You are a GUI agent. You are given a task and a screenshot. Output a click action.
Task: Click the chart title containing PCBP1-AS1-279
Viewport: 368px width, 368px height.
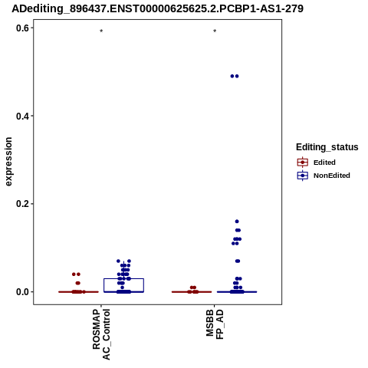157,8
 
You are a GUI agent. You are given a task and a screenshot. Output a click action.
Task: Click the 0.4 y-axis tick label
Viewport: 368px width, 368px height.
22,116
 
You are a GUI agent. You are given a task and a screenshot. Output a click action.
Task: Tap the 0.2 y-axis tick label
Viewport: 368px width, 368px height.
22,204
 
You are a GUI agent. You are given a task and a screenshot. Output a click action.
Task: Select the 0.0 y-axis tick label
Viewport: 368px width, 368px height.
22,292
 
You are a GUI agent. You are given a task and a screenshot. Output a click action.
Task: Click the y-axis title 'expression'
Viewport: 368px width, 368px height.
8,162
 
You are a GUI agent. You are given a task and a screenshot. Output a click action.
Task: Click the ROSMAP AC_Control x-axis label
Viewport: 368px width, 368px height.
101,334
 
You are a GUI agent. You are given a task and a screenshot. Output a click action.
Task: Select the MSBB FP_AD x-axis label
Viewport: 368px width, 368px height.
215,324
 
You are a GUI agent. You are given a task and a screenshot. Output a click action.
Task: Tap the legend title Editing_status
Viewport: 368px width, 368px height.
327,147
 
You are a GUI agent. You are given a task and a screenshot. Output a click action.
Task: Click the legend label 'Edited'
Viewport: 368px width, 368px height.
324,163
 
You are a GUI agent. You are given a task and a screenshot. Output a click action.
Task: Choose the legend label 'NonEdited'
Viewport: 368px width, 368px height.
332,176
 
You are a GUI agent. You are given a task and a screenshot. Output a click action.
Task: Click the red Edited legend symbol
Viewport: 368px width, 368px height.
303,163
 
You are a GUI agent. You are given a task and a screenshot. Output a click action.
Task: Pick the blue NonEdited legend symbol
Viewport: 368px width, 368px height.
303,176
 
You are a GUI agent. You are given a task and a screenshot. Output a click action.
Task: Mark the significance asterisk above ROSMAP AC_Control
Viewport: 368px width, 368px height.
101,31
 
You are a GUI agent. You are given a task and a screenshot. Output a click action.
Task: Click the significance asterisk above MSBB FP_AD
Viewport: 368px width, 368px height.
215,31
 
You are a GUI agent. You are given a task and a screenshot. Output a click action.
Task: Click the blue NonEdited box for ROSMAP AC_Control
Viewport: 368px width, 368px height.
124,278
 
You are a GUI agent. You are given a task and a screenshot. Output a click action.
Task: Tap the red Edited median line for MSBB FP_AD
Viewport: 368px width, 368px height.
192,292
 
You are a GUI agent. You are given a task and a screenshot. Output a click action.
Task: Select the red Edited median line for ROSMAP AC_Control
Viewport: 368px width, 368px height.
78,292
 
